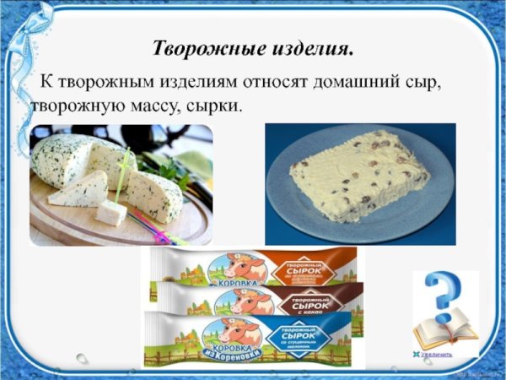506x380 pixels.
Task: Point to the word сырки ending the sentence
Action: tap(218, 108)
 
